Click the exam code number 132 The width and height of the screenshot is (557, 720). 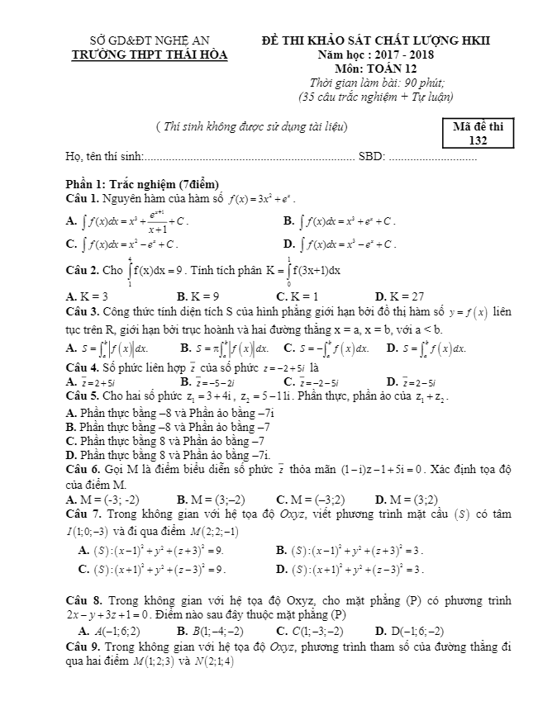pos(477,140)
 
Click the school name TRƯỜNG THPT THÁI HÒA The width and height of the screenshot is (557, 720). pos(149,54)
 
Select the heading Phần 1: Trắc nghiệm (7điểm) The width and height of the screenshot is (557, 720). pos(141,184)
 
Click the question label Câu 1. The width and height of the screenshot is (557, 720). pos(83,200)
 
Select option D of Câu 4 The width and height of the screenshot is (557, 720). pos(416,382)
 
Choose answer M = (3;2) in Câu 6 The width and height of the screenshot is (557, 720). pos(408,500)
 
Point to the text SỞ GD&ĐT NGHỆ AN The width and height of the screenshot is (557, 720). pos(150,40)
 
